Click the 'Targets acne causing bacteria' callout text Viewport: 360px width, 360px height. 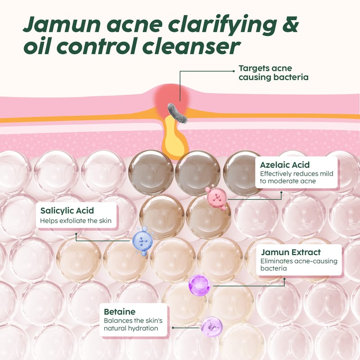(274, 72)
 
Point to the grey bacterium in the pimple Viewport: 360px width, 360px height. (177, 113)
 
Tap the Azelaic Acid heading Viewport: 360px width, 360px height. (285, 165)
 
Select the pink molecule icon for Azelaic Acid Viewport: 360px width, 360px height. (216, 198)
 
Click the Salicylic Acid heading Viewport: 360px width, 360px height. (67, 211)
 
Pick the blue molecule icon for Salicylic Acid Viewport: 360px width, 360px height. (143, 241)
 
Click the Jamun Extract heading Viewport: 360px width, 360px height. (291, 252)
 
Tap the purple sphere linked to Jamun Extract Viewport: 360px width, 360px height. (199, 285)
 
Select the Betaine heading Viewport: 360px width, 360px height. (120, 311)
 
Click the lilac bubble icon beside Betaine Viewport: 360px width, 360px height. (211, 327)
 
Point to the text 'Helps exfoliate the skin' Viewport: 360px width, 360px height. (76, 221)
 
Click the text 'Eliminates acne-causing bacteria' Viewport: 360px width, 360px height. (299, 265)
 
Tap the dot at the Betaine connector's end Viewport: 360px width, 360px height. (173, 328)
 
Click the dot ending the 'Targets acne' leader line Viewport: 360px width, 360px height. (234, 71)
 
